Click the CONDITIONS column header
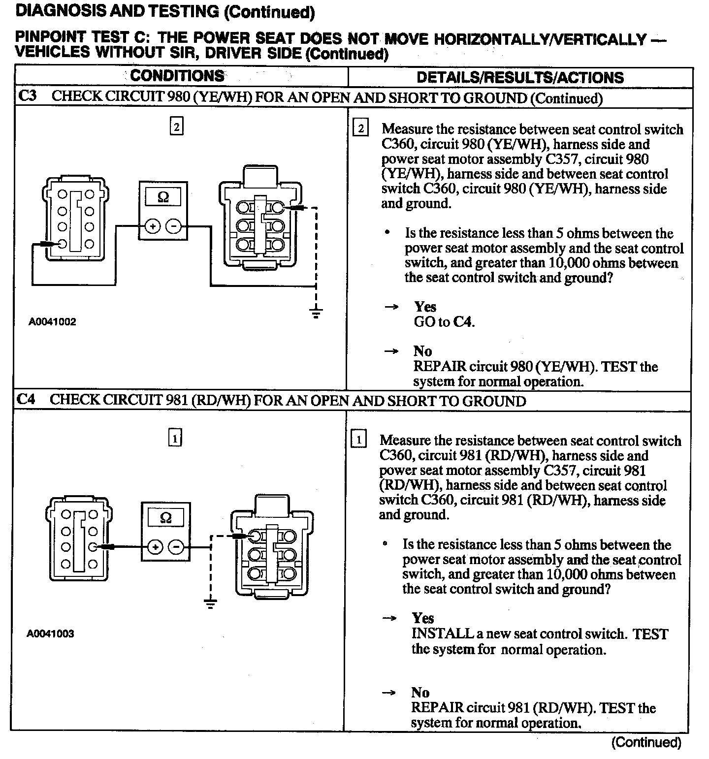click(177, 76)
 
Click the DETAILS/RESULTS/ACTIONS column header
click(520, 77)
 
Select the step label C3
click(28, 96)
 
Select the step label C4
click(26, 399)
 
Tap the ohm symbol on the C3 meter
click(163, 197)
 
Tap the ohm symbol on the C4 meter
click(166, 518)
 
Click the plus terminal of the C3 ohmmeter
click(153, 226)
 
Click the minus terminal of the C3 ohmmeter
click(173, 226)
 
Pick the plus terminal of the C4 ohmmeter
click(156, 547)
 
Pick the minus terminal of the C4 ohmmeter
click(176, 547)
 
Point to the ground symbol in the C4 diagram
click(210, 603)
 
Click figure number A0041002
click(52, 322)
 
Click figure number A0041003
click(50, 633)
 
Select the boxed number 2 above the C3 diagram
click(176, 126)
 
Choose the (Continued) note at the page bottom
click(646, 742)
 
